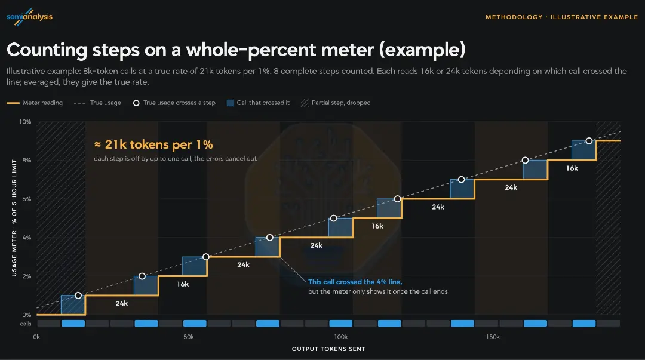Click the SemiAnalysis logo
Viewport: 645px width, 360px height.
click(30, 17)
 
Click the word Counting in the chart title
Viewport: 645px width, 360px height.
click(47, 50)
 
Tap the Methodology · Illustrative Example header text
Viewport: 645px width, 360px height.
click(561, 17)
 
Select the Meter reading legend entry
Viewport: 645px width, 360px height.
click(35, 103)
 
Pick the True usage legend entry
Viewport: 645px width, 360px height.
click(97, 103)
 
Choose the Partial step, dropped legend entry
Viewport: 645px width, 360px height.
click(336, 103)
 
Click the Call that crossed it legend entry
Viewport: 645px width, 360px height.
click(259, 103)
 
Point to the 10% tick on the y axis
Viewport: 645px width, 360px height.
click(25, 122)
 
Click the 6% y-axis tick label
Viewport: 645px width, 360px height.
click(27, 199)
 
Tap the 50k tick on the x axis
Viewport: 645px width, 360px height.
click(189, 337)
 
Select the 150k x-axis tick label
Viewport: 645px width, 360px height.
click(493, 337)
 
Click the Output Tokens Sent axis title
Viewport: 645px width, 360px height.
click(328, 349)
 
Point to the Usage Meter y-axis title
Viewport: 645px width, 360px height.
click(14, 218)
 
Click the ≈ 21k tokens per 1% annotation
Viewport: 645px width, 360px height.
click(153, 145)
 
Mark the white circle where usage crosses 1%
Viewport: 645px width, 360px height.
click(78, 296)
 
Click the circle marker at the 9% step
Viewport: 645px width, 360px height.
click(589, 141)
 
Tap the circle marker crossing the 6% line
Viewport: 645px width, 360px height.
click(397, 199)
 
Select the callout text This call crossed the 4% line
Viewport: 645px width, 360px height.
click(355, 282)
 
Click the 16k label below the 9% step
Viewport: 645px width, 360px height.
click(572, 168)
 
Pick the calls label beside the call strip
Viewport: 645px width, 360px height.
click(26, 324)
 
